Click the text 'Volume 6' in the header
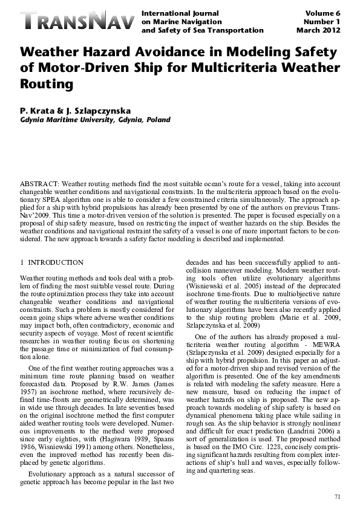324,13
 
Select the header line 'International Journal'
180,13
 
